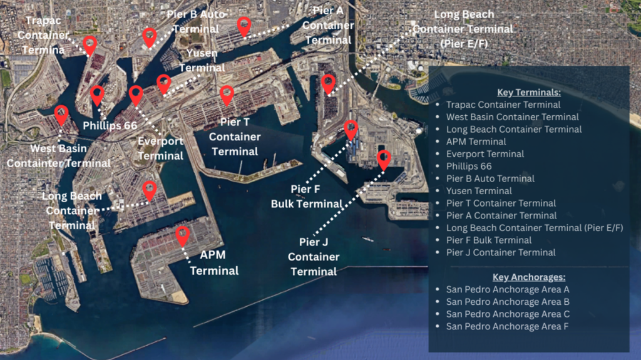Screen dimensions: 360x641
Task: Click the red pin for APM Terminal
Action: [x=182, y=235]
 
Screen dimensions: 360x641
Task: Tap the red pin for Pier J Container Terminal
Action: [x=384, y=159]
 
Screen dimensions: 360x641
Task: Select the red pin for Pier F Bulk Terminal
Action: [x=351, y=130]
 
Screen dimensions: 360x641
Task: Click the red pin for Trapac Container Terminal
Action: [x=90, y=44]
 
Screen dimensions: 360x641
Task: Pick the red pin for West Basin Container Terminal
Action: [x=61, y=115]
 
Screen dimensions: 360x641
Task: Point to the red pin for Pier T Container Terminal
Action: [x=227, y=95]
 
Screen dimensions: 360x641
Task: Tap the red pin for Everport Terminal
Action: [x=136, y=95]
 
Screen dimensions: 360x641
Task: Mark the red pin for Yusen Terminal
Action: [x=163, y=83]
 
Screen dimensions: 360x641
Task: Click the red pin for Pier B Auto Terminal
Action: [x=149, y=37]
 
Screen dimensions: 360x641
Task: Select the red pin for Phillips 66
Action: [x=97, y=95]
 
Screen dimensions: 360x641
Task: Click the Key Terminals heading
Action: [x=528, y=92]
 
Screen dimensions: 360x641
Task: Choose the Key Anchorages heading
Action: [x=528, y=277]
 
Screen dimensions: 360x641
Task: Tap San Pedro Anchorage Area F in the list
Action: [x=508, y=326]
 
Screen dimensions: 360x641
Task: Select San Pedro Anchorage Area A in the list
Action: [x=508, y=289]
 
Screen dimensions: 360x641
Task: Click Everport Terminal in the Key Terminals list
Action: [x=485, y=154]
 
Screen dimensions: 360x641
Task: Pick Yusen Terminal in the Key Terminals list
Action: [x=479, y=191]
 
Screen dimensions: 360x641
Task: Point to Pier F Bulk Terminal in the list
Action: [x=489, y=240]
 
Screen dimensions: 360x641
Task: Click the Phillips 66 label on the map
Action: [x=110, y=125]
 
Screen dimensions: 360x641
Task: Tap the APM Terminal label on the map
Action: [x=214, y=263]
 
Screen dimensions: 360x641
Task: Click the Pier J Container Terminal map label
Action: [x=314, y=257]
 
